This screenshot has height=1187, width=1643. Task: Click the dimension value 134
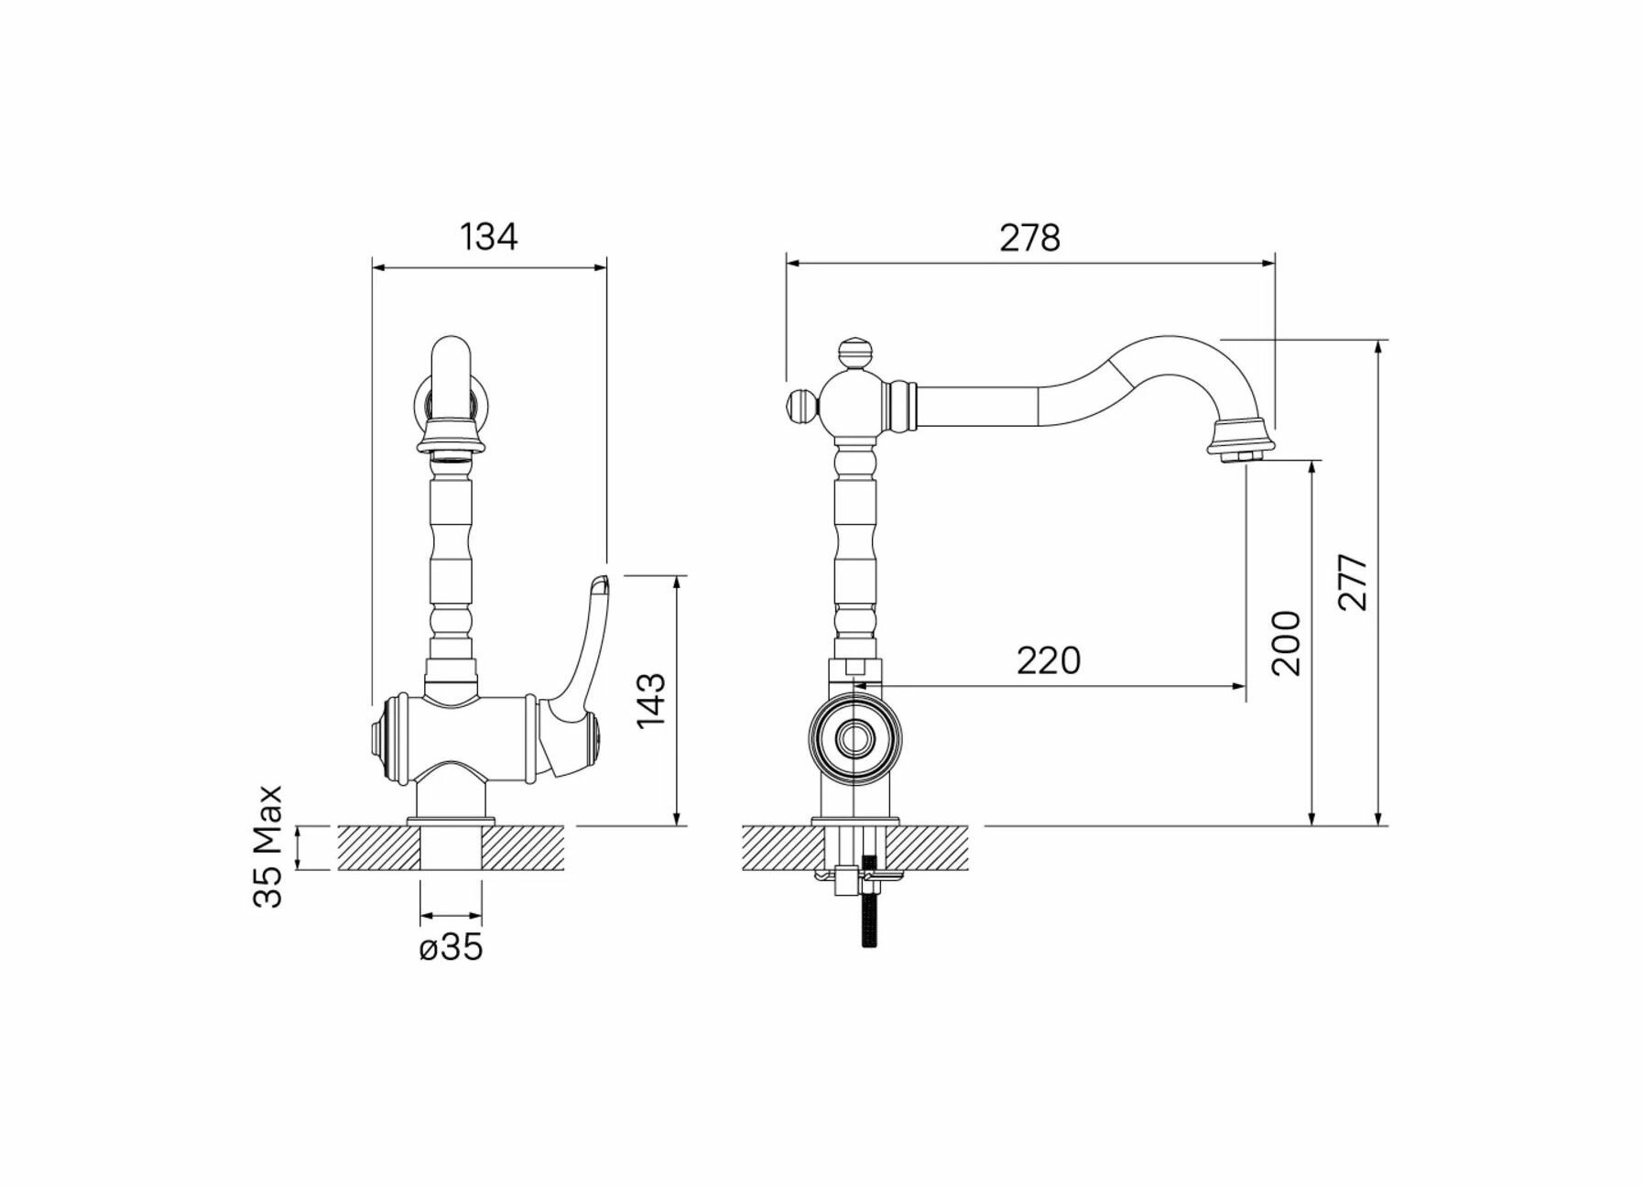(488, 236)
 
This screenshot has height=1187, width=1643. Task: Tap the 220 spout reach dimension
(1048, 659)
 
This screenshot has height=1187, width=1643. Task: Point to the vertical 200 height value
(1287, 642)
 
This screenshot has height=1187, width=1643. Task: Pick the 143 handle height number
(652, 701)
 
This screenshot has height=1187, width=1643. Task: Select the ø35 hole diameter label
(451, 948)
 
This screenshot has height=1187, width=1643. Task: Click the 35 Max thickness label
(268, 845)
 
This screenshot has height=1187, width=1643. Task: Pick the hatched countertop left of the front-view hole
(379, 847)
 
